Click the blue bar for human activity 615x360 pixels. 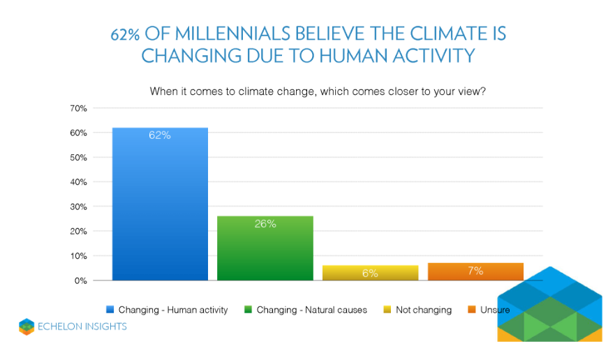(160, 204)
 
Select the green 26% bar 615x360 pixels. (265, 248)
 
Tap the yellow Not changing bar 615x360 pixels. (370, 273)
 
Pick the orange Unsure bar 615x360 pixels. (475, 271)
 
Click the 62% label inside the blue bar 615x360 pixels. (160, 135)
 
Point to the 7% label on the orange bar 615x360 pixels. (475, 271)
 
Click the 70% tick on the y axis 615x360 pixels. (78, 108)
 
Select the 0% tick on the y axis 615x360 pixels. (80, 280)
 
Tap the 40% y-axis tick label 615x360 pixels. (78, 182)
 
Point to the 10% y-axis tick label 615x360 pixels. (78, 256)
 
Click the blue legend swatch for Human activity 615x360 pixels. (110, 309)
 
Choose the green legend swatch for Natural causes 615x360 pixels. (248, 309)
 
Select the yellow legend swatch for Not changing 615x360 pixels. (387, 309)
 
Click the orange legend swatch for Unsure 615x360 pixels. (472, 309)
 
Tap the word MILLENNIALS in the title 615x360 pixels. (233, 34)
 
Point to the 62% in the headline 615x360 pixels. (125, 34)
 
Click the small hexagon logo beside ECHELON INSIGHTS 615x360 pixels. (27, 327)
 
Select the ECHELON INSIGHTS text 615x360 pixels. (82, 327)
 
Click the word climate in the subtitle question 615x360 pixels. (256, 91)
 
